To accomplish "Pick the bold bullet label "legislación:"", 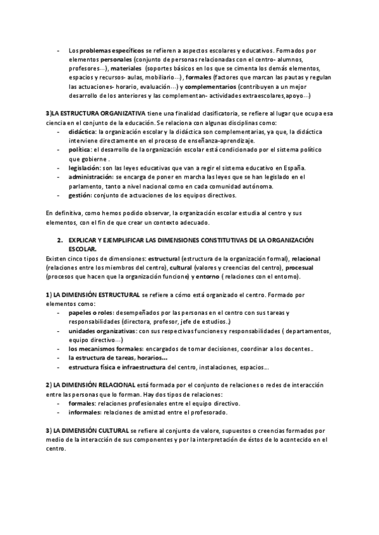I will [85, 168].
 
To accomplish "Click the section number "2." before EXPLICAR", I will [59, 241].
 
